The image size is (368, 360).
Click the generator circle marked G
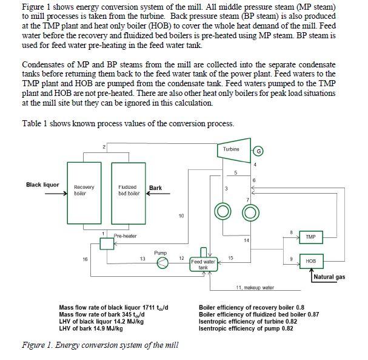coord(259,151)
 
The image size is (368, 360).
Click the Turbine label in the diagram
coord(230,149)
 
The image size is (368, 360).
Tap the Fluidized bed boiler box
coord(127,191)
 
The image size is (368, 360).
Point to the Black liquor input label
coord(42,185)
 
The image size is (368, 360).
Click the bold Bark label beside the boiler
coord(155,188)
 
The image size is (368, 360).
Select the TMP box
coord(310,236)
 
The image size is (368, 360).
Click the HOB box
coord(310,260)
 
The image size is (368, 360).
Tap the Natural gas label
coord(330,277)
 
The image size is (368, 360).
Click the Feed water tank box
coord(204,264)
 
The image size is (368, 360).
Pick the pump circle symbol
coord(161,262)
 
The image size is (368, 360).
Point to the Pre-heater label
coord(125,236)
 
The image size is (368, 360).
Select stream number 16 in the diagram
coord(84,259)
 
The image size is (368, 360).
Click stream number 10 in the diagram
coord(181,216)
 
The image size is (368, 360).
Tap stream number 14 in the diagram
coord(246,241)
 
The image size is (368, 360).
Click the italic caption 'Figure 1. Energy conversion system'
coord(100,345)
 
